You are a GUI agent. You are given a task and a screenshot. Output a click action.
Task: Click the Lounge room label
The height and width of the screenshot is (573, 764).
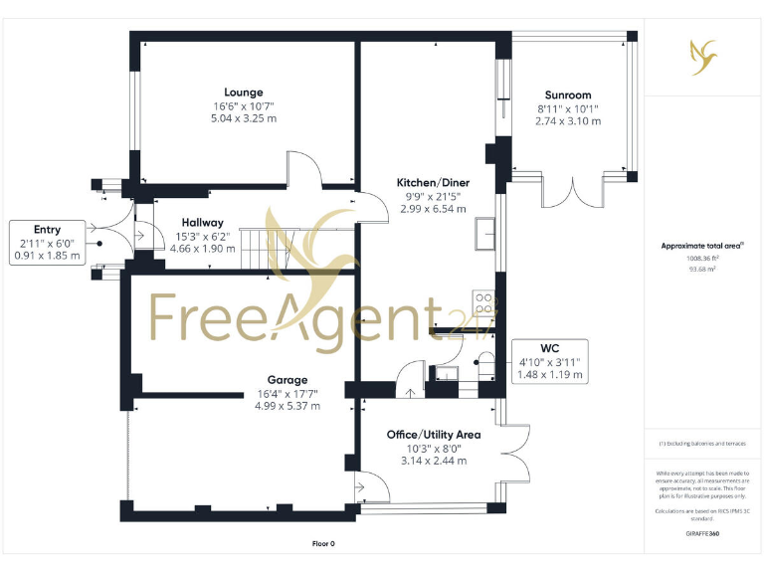point(243,93)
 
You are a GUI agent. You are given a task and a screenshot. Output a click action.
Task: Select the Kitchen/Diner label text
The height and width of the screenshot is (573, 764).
point(433,183)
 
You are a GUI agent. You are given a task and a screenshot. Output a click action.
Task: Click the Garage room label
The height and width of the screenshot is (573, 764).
point(286,380)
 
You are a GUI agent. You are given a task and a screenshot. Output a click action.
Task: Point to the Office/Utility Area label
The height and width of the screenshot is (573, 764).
point(434,435)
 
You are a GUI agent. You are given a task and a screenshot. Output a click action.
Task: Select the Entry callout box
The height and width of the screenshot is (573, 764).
point(47,243)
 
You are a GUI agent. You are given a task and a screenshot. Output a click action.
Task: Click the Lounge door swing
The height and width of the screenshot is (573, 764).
point(304,168)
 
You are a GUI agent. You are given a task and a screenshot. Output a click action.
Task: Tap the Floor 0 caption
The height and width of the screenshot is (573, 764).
point(324,544)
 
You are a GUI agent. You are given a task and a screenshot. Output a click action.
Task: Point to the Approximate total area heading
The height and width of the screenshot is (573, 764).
point(702,245)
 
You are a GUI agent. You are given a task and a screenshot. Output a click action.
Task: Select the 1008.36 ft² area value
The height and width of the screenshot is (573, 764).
point(702,258)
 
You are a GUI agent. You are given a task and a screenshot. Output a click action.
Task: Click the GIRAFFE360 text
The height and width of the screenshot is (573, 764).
point(702,534)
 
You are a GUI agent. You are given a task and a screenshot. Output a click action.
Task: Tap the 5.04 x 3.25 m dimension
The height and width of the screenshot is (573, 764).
point(243,118)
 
